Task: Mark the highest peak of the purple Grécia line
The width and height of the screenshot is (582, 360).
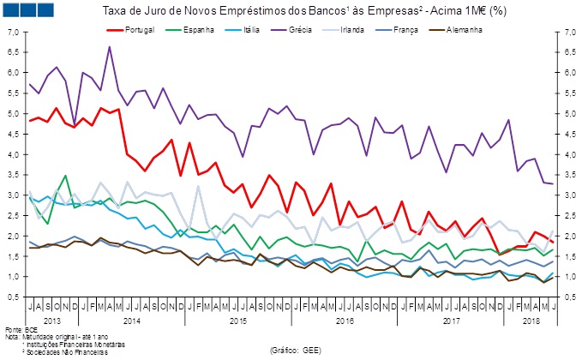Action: click(110, 47)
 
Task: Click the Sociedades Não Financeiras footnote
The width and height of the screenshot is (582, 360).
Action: click(61, 351)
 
